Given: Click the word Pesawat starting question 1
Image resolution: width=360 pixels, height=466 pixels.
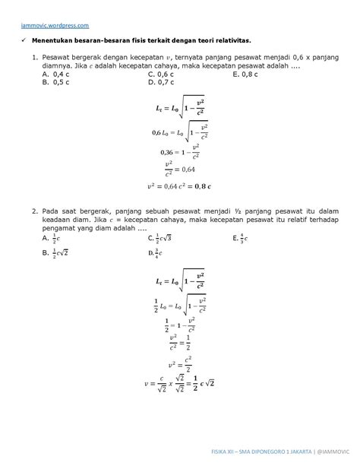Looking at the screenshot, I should point(58,57).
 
